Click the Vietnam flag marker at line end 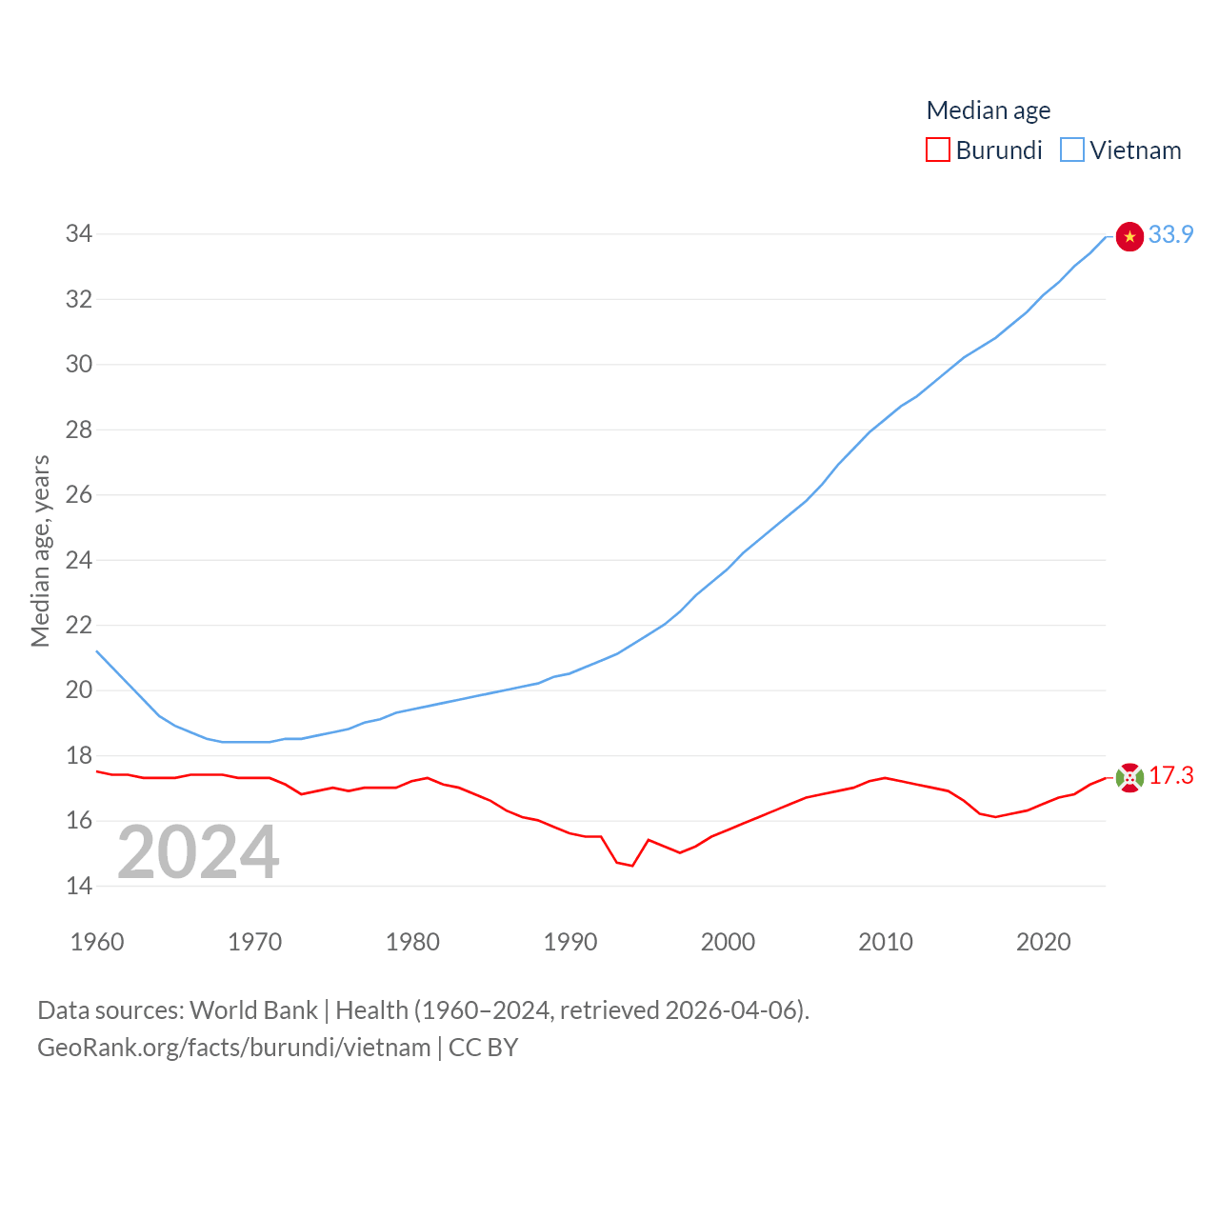click(x=1129, y=236)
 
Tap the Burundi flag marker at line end click(x=1129, y=778)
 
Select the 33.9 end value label click(x=1170, y=234)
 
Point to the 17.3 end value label click(x=1170, y=776)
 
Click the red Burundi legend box click(x=938, y=150)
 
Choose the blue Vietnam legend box click(x=1072, y=150)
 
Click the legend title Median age click(x=989, y=110)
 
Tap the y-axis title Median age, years click(x=40, y=551)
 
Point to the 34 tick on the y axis click(x=79, y=234)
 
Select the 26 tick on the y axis click(x=79, y=495)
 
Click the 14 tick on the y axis click(x=79, y=887)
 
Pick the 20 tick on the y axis click(x=79, y=690)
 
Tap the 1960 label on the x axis click(x=97, y=942)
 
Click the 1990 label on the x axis click(x=570, y=942)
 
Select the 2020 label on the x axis click(x=1044, y=942)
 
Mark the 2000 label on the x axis click(x=728, y=942)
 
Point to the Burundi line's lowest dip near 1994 click(x=632, y=865)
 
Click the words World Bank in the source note click(x=253, y=1010)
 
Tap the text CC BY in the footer click(x=483, y=1048)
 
